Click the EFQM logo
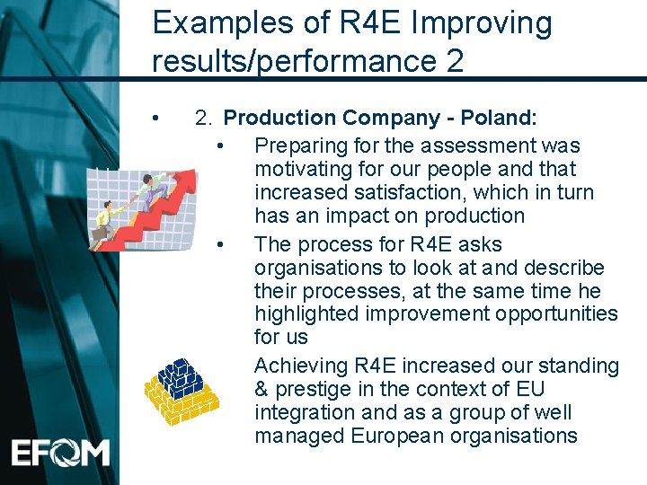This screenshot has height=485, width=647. click(x=60, y=451)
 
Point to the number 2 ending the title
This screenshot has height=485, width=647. click(x=455, y=60)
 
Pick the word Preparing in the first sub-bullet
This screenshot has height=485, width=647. click(x=296, y=145)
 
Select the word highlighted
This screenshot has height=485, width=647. click(x=302, y=314)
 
